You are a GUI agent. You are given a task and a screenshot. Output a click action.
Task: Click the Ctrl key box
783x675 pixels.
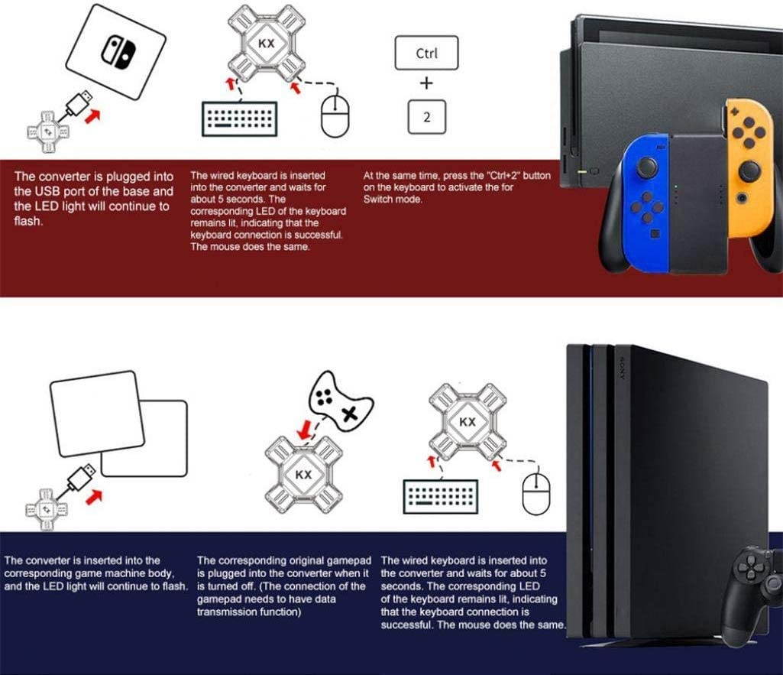pyautogui.click(x=426, y=54)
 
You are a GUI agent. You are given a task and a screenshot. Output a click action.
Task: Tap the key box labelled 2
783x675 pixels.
pyautogui.click(x=426, y=117)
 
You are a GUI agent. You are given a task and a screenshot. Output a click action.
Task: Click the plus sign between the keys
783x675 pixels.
pyautogui.click(x=426, y=84)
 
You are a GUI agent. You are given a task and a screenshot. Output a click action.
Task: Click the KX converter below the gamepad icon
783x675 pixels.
pyautogui.click(x=303, y=475)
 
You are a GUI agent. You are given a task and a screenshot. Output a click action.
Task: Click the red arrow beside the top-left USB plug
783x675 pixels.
pyautogui.click(x=92, y=116)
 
